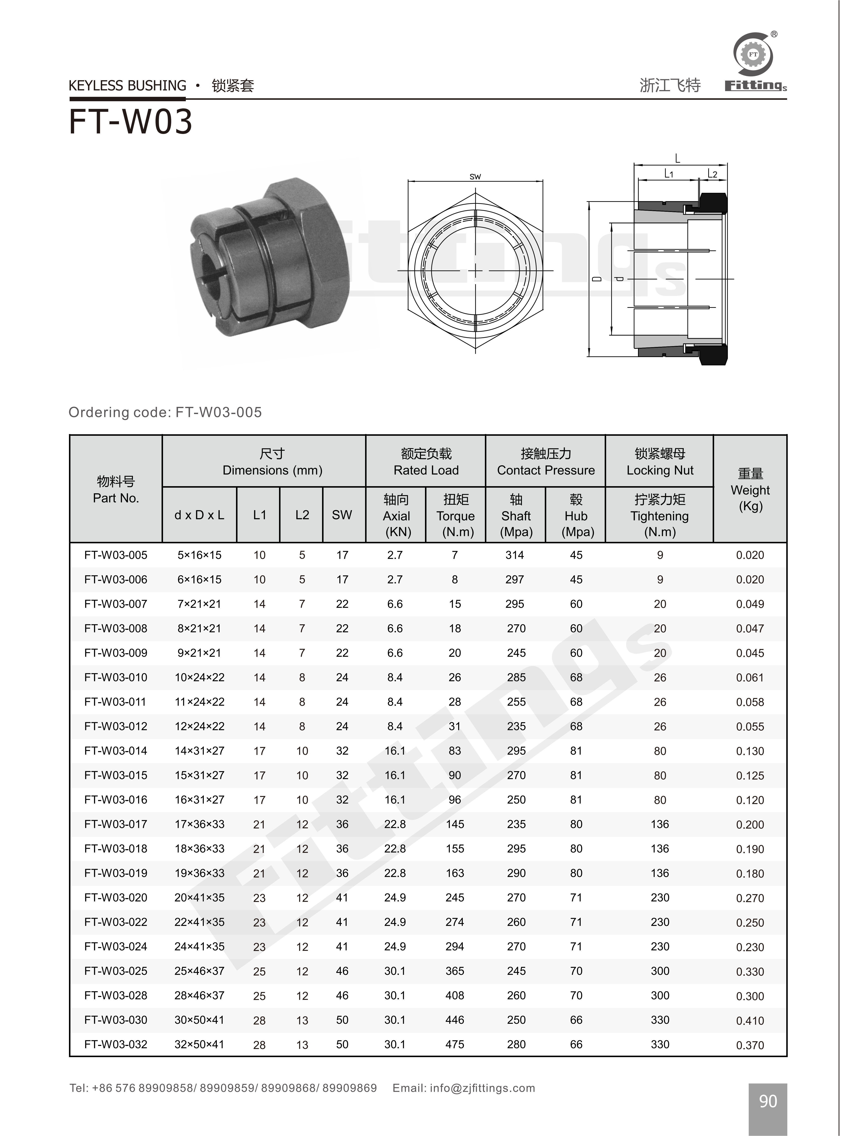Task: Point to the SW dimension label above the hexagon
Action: tap(475, 177)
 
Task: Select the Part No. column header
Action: tap(116, 490)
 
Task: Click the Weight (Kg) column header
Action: tap(750, 490)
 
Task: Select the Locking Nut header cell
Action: tap(660, 462)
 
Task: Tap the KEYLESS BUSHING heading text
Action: tap(128, 86)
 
